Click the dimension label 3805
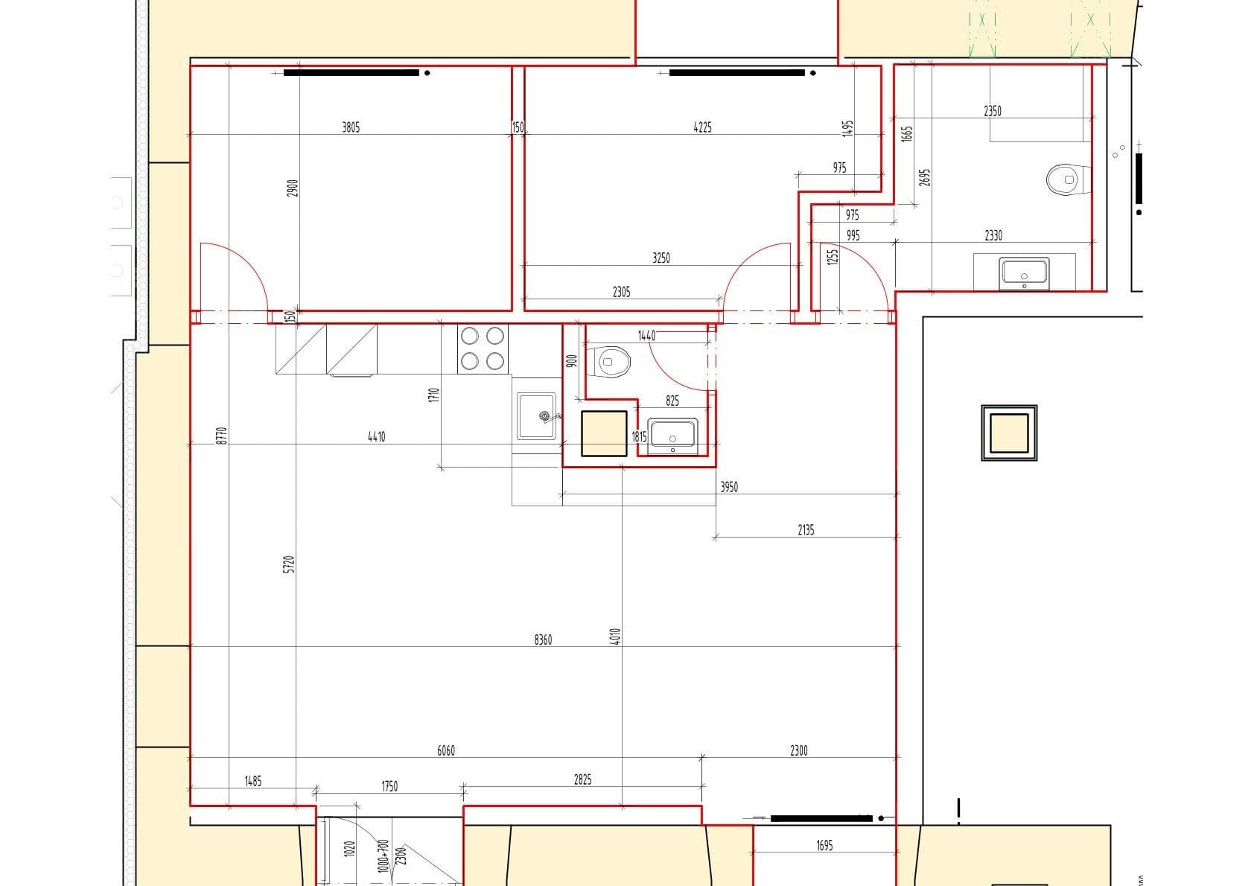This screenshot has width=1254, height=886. [351, 127]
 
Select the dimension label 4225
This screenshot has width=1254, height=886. [702, 127]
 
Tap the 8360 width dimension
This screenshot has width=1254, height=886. [543, 640]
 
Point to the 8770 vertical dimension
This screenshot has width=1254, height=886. [220, 436]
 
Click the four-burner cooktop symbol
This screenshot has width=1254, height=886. [483, 348]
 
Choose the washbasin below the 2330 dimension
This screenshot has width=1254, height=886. [1025, 272]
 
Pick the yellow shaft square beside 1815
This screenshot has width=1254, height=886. [604, 433]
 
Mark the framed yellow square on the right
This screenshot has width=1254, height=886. [1009, 433]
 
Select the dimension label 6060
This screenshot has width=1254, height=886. [445, 750]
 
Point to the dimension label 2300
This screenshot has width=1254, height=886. [798, 750]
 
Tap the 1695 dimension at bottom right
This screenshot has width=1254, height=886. [824, 845]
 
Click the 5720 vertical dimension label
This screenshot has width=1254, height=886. [290, 564]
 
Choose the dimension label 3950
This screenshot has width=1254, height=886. [729, 487]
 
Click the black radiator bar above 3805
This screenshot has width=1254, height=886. [351, 73]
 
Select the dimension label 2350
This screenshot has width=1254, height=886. [993, 111]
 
